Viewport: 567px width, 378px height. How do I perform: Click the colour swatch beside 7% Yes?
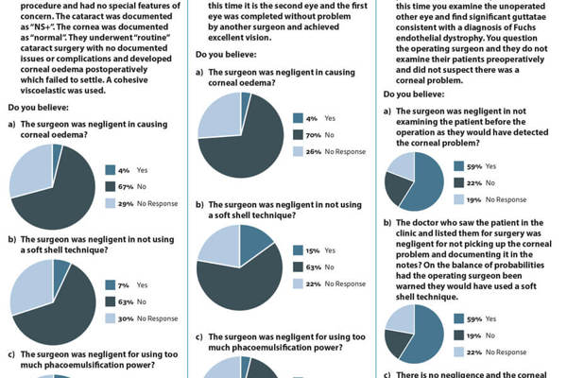111,284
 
